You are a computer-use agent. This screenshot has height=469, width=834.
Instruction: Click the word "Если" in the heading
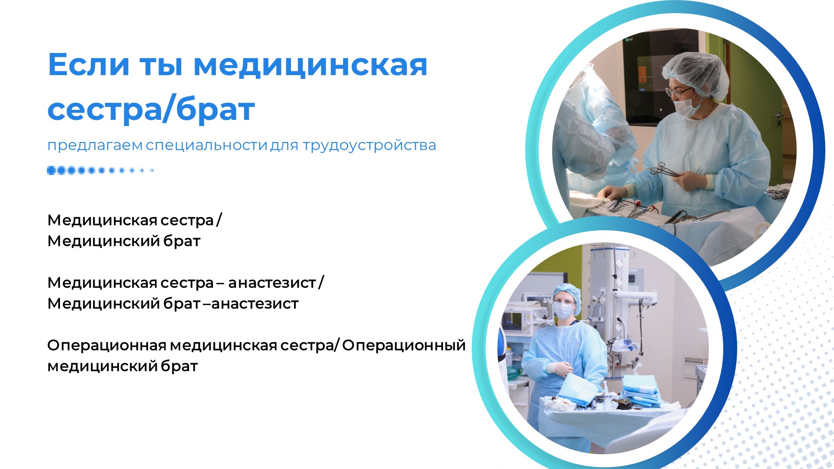coord(89,65)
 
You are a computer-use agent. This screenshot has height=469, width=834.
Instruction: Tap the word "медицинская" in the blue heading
coord(310,65)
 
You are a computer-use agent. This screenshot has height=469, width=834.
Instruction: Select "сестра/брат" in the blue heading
coord(151,109)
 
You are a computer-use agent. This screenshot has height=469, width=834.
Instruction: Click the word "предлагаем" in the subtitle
coord(95,145)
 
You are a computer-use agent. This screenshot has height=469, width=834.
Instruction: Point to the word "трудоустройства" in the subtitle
coord(369,145)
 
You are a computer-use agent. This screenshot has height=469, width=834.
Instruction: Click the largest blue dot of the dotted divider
coord(52,171)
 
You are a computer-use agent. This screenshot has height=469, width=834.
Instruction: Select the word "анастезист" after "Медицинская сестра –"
coord(272,283)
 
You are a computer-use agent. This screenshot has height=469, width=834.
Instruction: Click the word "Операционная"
coord(107,346)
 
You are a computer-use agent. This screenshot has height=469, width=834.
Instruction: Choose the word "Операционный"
coord(404,345)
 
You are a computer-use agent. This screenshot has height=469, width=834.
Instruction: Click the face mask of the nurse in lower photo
coord(563,310)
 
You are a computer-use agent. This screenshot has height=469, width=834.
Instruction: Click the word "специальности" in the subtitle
coord(206,145)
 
